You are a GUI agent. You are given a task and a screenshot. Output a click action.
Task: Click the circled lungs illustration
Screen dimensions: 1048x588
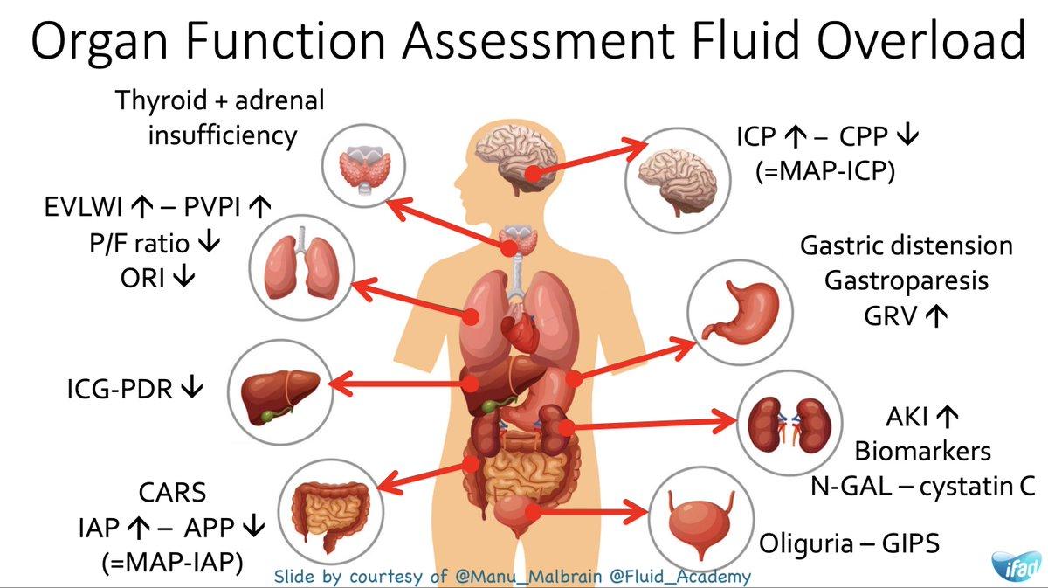301,261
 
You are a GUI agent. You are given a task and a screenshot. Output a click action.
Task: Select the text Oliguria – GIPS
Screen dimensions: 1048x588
849,543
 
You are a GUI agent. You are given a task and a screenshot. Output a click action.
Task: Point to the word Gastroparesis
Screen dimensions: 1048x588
907,280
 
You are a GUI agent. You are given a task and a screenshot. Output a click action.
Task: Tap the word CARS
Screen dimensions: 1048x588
172,493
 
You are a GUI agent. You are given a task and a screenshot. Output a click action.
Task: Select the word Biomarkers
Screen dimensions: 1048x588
922,451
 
